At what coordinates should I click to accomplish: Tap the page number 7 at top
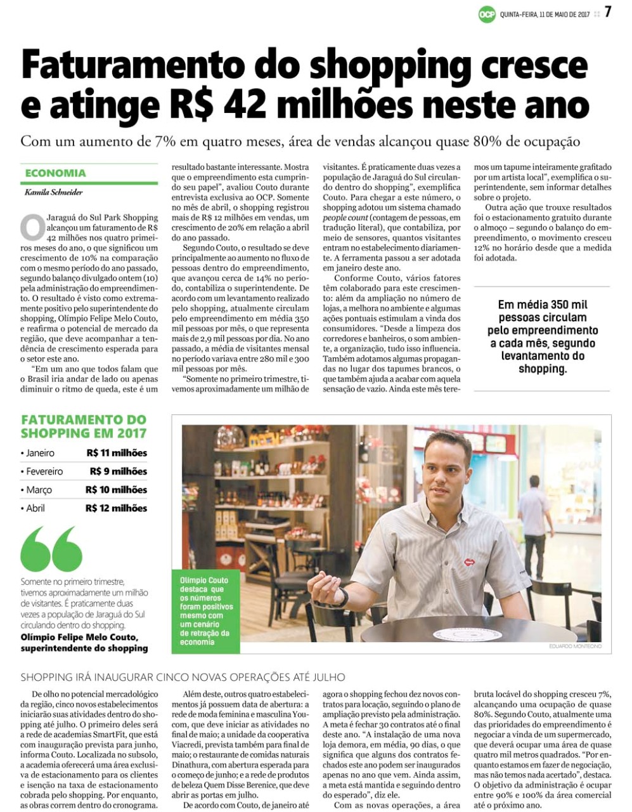pyautogui.click(x=607, y=12)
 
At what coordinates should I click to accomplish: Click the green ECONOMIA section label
pyautogui.click(x=56, y=173)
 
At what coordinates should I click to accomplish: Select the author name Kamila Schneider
pyautogui.click(x=54, y=192)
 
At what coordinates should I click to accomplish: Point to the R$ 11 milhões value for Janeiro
pyautogui.click(x=117, y=453)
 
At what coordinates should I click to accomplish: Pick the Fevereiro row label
pyautogui.click(x=44, y=471)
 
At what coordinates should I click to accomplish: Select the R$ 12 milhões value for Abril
pyautogui.click(x=117, y=508)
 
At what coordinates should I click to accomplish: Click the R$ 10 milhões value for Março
pyautogui.click(x=117, y=490)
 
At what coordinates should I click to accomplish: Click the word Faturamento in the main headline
pyautogui.click(x=132, y=65)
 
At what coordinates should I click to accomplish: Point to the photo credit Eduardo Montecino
pyautogui.click(x=575, y=646)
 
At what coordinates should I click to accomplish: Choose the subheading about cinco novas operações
pyautogui.click(x=183, y=678)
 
